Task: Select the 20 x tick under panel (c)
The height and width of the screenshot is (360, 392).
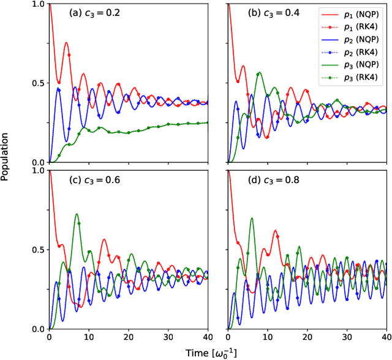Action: pos(129,337)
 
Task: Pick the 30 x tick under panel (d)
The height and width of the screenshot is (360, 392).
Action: pos(347,337)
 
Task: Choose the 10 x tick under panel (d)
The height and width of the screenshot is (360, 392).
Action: pos(268,337)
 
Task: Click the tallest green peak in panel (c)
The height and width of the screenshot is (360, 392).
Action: pos(77,214)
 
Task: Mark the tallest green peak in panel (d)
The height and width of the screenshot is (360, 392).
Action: pos(252,218)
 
